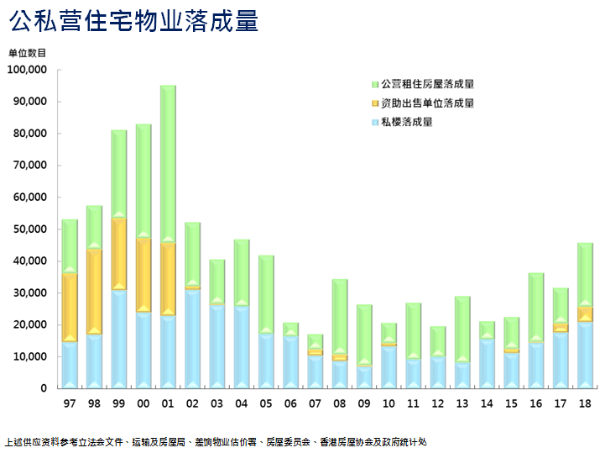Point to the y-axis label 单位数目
[x=28, y=53]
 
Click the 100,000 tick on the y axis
[x=27, y=70]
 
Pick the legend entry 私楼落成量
[x=407, y=123]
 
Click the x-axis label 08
[x=340, y=403]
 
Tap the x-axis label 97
[x=70, y=403]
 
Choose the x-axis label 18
[x=585, y=403]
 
